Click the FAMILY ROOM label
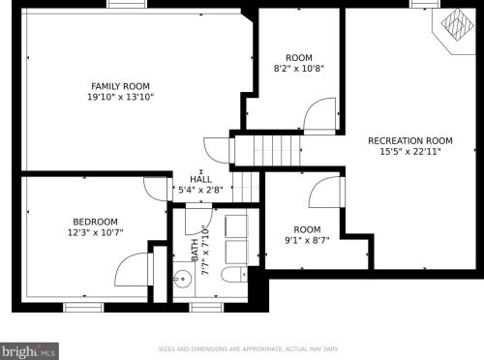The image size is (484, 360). pyautogui.click(x=121, y=86)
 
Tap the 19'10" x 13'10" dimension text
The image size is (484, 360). pyautogui.click(x=121, y=97)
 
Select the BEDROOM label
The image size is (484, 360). pyautogui.click(x=94, y=222)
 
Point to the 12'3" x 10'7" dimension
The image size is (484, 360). pyautogui.click(x=94, y=232)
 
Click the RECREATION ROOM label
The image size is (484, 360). pyautogui.click(x=410, y=140)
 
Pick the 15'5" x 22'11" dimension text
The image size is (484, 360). pyautogui.click(x=410, y=152)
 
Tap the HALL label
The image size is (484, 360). pyautogui.click(x=200, y=179)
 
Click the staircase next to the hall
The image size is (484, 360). pyautogui.click(x=257, y=151)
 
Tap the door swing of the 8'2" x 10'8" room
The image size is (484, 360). pyautogui.click(x=319, y=117)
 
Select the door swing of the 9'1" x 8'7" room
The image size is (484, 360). pyautogui.click(x=324, y=191)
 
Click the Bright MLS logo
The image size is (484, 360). pyautogui.click(x=29, y=349)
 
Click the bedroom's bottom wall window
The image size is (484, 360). pyautogui.click(x=83, y=307)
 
